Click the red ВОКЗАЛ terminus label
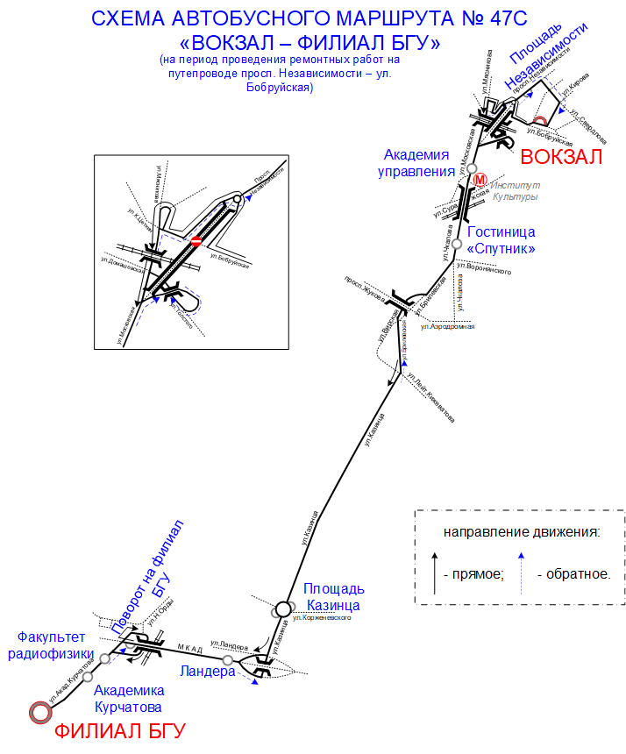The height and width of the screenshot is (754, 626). tap(562, 158)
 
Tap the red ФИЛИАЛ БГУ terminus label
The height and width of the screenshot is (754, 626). tap(121, 731)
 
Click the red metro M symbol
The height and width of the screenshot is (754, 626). tap(480, 181)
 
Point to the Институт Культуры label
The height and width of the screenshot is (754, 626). tap(515, 191)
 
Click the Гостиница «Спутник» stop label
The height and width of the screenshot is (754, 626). tap(502, 240)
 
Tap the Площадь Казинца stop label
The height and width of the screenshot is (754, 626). tap(334, 596)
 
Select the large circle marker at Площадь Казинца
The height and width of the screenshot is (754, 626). tap(283, 607)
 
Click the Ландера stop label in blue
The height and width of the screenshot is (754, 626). tap(207, 672)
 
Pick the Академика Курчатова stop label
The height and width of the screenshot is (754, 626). tap(128, 698)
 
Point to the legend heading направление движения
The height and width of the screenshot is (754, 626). tap(521, 532)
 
